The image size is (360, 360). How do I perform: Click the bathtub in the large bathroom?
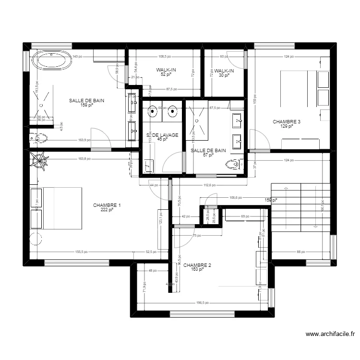51,60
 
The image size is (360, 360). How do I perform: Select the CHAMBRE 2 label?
197,265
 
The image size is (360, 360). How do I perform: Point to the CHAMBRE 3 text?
287,122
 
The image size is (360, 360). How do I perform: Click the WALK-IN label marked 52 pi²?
166,71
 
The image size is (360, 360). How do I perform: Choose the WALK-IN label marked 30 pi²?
224,71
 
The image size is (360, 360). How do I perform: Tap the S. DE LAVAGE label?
162,135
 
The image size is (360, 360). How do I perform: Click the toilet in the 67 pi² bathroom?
232,165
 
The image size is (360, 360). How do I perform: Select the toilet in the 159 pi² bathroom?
38,138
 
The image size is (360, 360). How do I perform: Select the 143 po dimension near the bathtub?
76,57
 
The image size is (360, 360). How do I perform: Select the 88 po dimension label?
300,252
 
